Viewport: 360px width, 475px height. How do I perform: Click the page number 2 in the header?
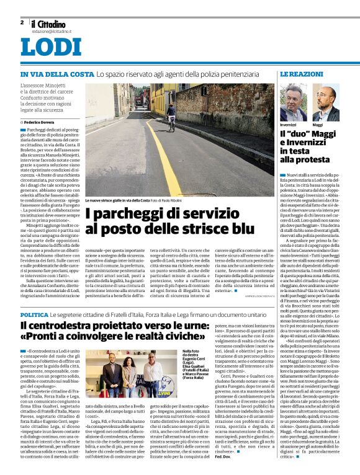point(22,22)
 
